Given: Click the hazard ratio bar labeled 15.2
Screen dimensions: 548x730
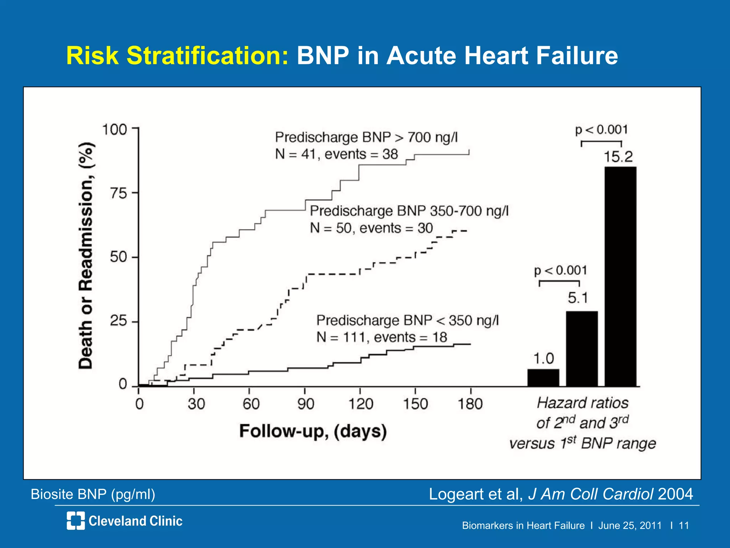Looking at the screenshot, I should click(x=620, y=276).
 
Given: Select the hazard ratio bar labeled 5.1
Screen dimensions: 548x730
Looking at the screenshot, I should click(x=582, y=349).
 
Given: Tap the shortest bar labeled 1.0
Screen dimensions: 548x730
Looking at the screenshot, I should click(x=543, y=378).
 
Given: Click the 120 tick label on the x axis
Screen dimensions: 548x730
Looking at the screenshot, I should click(x=361, y=404).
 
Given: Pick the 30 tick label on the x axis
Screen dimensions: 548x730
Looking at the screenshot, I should click(x=196, y=404).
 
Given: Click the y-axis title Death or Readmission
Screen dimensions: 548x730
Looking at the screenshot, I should click(x=86, y=255).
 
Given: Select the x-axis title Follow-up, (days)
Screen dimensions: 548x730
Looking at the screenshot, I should click(x=313, y=431).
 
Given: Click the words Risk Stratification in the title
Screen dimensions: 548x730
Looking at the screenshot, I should click(x=177, y=56).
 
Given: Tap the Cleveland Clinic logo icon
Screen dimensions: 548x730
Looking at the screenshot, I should click(x=76, y=521).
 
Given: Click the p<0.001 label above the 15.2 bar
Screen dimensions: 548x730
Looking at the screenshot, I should click(x=601, y=130).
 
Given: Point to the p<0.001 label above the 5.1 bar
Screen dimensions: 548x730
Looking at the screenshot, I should click(x=560, y=270).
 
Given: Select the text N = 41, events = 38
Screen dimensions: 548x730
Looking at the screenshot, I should click(x=336, y=154).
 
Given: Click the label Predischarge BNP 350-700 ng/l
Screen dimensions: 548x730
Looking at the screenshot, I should click(x=409, y=211).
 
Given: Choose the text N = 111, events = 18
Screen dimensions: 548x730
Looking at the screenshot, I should click(x=381, y=337).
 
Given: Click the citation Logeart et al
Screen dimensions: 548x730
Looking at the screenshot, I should click(x=475, y=494).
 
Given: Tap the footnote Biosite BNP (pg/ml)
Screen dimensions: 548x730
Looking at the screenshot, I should click(x=93, y=494).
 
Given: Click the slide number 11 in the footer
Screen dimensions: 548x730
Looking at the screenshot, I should click(x=684, y=526).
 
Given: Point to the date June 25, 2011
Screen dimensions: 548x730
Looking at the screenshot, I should click(x=630, y=526).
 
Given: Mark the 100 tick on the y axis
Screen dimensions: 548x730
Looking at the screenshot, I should click(x=115, y=130).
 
